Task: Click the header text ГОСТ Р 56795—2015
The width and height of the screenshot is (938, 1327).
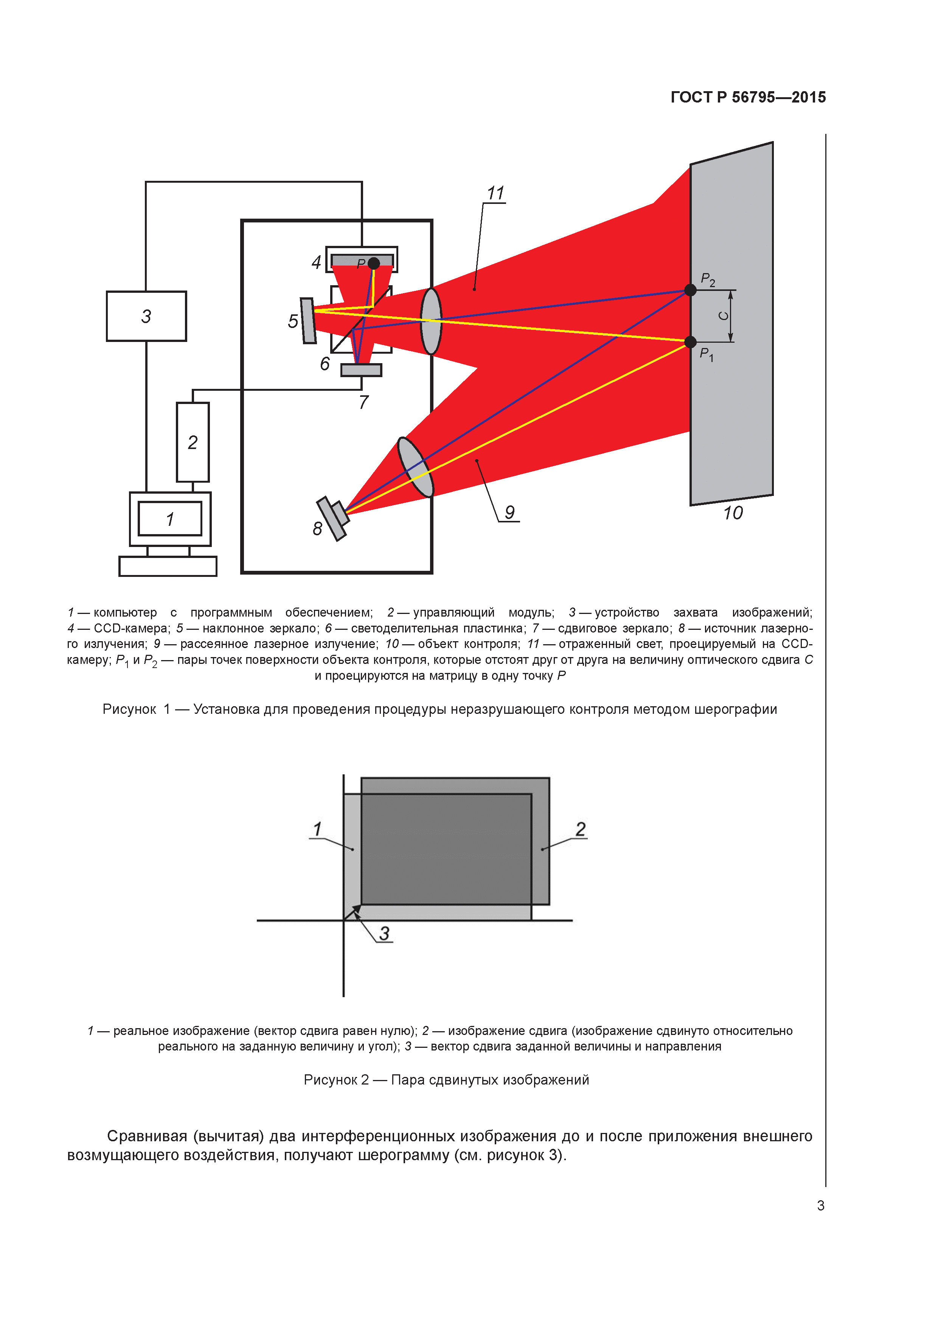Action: [x=748, y=97]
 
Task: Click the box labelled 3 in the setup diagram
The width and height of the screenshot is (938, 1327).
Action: [x=146, y=316]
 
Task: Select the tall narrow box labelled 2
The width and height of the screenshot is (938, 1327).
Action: [x=193, y=442]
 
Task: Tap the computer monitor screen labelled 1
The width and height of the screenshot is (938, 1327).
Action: [x=170, y=519]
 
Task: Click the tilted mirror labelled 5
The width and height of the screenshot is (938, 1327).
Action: [x=308, y=321]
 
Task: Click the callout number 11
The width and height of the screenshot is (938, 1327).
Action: [x=495, y=193]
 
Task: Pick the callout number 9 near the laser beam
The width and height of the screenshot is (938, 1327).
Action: [x=509, y=512]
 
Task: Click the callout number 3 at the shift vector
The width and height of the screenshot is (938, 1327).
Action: [x=384, y=933]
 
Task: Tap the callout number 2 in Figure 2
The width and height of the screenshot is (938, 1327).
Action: [x=580, y=829]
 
